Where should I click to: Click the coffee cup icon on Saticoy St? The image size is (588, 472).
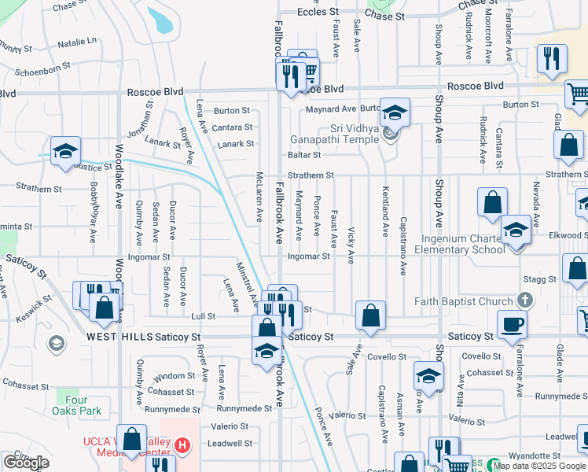(511, 323)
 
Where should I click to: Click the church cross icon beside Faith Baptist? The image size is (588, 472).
(524, 301)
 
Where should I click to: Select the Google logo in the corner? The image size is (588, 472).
(26, 463)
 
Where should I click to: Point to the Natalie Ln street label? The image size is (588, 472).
(77, 40)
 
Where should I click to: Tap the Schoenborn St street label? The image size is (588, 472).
(46, 68)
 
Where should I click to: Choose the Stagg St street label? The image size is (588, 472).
(541, 278)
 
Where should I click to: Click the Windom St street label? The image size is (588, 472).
(175, 376)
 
